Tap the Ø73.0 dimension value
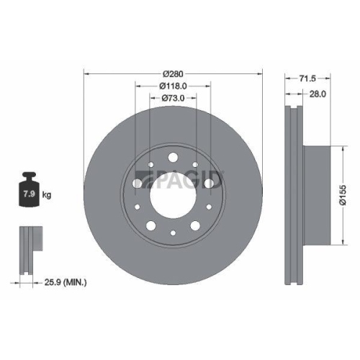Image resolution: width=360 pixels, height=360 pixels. coord(173,99)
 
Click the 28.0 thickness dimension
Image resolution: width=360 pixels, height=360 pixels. coord(318,93)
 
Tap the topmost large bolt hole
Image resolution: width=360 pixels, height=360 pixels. coord(173,158)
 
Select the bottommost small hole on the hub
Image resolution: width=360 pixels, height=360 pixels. coord(173,234)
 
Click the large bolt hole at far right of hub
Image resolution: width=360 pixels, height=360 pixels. coord(209,184)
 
